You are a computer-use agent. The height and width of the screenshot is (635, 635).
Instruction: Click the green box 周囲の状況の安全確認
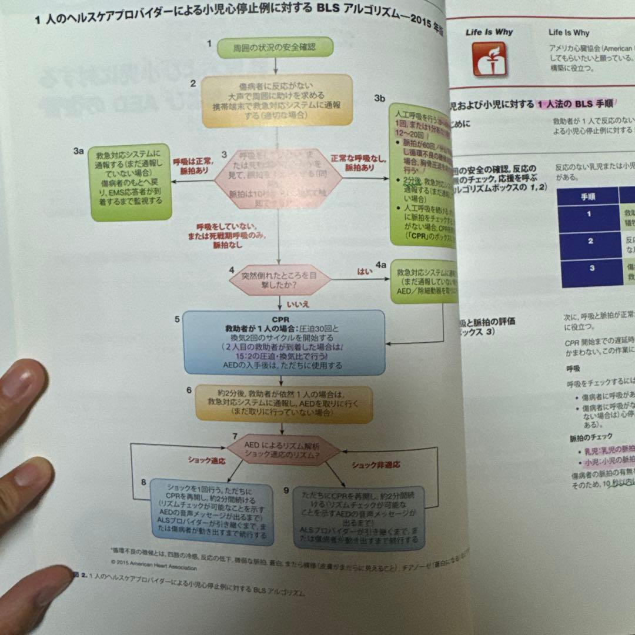click(x=275, y=46)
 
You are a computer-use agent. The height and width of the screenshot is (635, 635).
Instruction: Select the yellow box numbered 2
click(x=277, y=101)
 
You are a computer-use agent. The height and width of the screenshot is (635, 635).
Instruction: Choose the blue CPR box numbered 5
click(x=284, y=343)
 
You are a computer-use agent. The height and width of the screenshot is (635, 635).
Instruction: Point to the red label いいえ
click(x=298, y=304)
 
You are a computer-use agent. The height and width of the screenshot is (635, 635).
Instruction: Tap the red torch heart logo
click(x=489, y=59)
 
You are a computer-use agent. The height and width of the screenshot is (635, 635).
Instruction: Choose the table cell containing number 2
click(x=590, y=242)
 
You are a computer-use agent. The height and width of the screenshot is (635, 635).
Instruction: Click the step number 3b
click(x=380, y=99)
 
